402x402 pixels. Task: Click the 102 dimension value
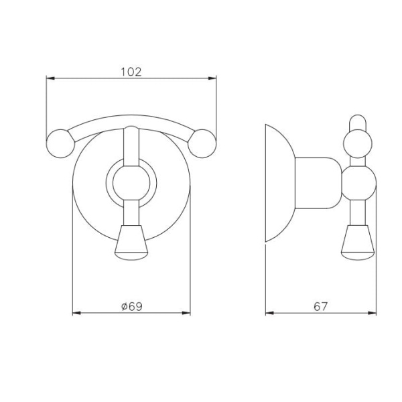point(131,72)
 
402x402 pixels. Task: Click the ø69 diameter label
point(131,306)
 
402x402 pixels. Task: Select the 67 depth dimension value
point(320,306)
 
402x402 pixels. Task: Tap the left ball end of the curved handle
point(60,143)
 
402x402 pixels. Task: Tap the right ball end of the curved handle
point(202,143)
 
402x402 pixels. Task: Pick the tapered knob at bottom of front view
point(131,243)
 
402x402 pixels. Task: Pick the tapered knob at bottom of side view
point(358,243)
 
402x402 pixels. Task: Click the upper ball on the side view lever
point(358,143)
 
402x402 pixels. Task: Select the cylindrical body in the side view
point(318,183)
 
